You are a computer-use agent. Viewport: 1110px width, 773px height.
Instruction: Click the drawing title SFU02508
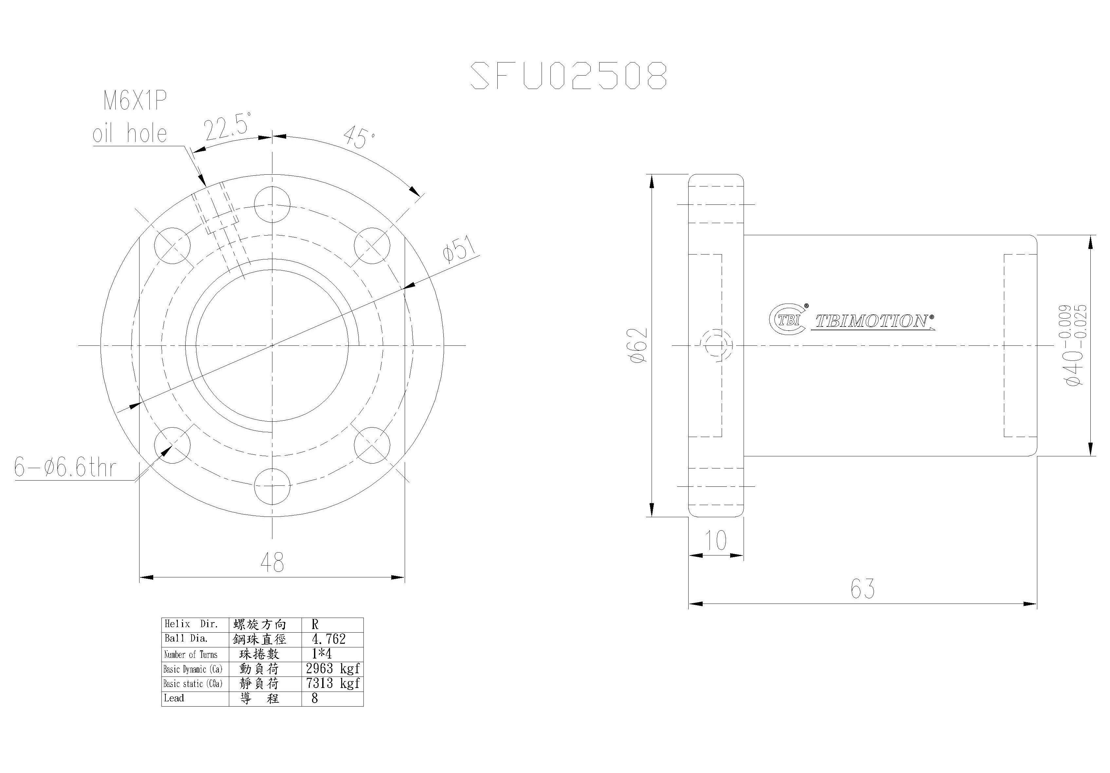[x=568, y=76]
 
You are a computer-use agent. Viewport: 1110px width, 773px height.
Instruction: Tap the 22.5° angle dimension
[x=227, y=127]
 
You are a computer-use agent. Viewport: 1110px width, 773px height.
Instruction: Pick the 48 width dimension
[x=272, y=562]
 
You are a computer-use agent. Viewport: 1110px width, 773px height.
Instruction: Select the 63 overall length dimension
[x=862, y=589]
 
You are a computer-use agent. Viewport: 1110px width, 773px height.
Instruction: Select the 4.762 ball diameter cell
[x=329, y=639]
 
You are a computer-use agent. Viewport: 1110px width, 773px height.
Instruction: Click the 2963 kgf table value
[x=333, y=669]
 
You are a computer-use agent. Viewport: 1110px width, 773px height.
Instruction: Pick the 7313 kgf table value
[x=333, y=683]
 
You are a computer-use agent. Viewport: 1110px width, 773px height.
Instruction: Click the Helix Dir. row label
[x=192, y=624]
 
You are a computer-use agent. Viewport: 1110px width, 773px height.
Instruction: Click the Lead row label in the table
[x=174, y=698]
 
